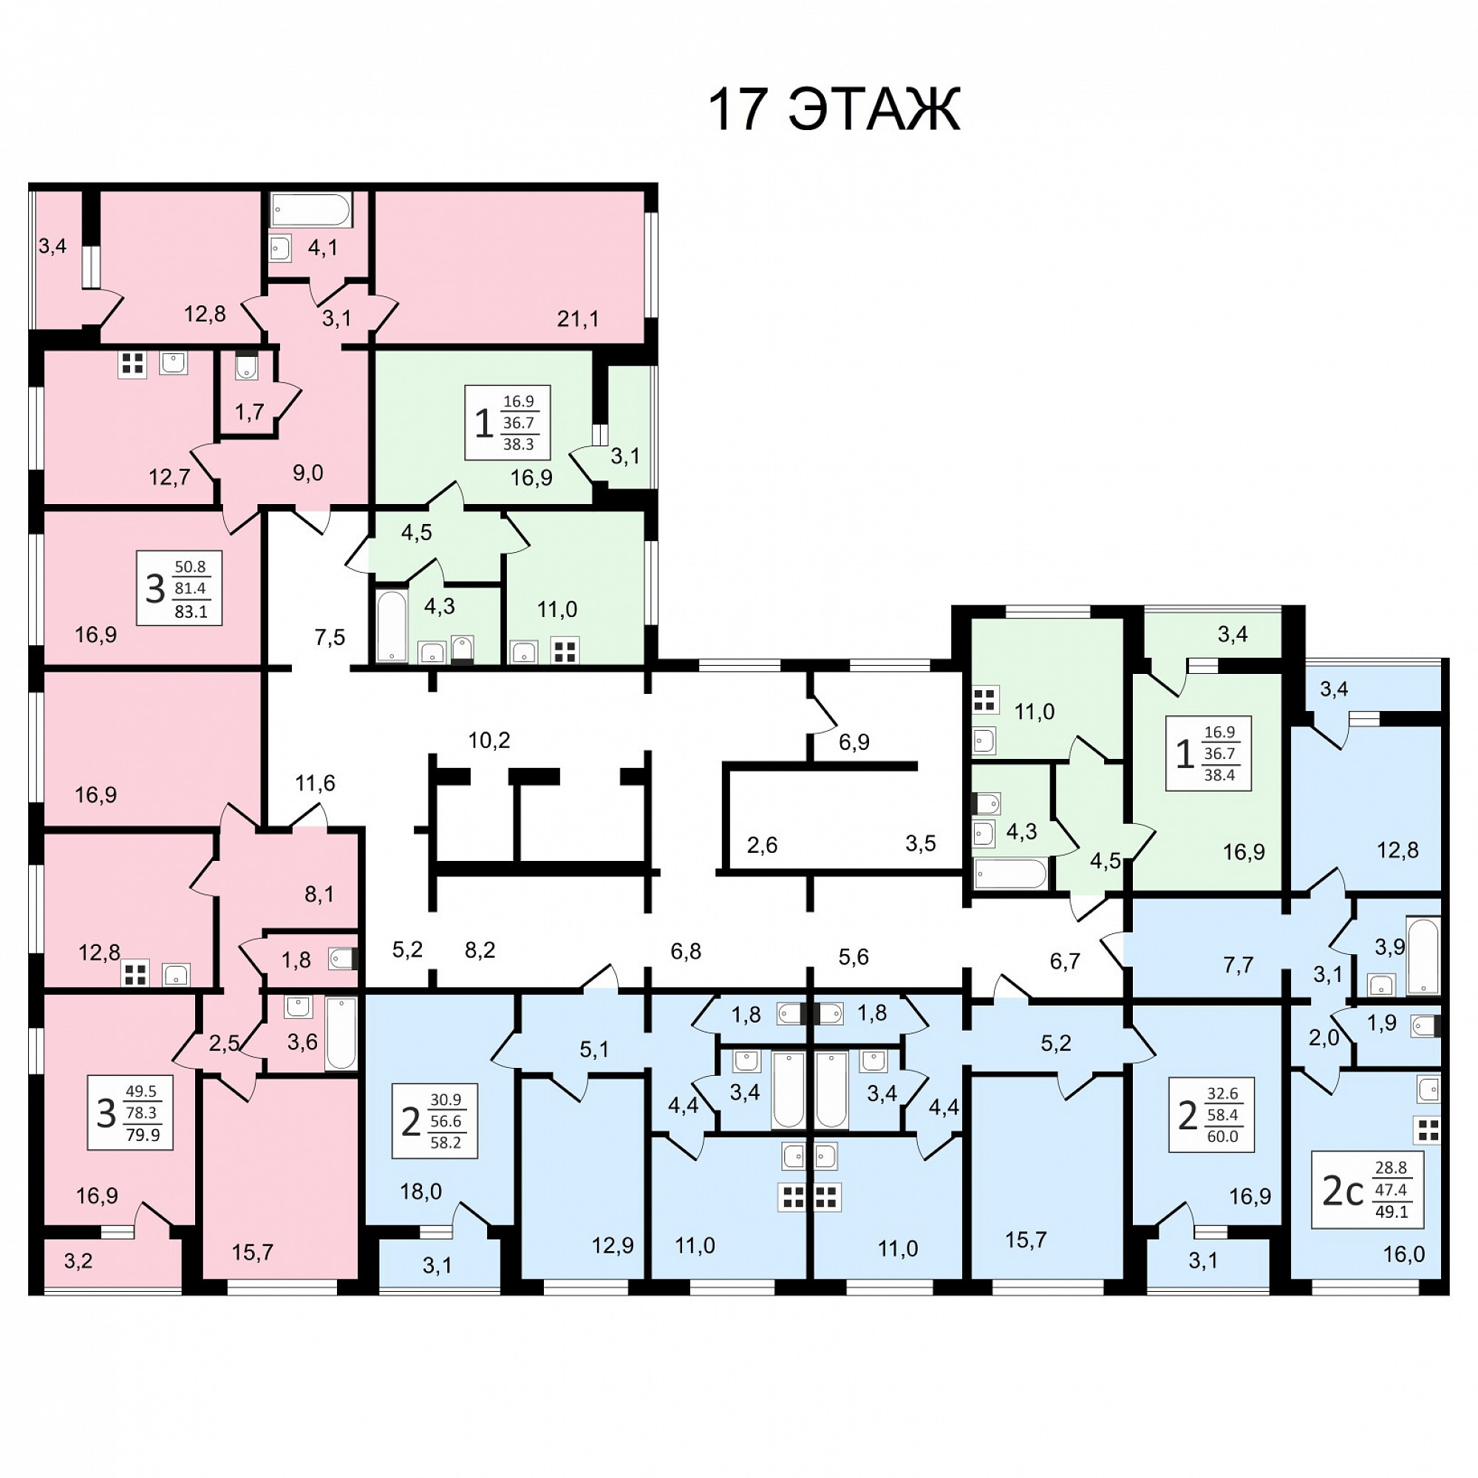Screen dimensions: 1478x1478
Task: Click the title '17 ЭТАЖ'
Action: pyautogui.click(x=833, y=109)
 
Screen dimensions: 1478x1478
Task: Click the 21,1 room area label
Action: pyautogui.click(x=578, y=319)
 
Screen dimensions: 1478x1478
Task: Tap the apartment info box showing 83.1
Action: pyautogui.click(x=180, y=588)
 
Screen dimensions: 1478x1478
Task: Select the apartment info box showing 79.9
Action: pyautogui.click(x=130, y=1112)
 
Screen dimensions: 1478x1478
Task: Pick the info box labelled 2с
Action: pyautogui.click(x=1368, y=1190)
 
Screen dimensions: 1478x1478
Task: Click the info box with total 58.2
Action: pyautogui.click(x=435, y=1121)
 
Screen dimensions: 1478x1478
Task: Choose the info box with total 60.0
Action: pyautogui.click(x=1212, y=1114)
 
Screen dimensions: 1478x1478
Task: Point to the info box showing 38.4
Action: pyautogui.click(x=1209, y=754)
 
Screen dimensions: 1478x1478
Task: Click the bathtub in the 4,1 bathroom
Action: pyautogui.click(x=311, y=210)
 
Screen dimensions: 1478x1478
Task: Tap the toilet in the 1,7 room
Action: pyautogui.click(x=246, y=367)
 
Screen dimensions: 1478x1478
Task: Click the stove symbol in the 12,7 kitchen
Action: pyautogui.click(x=132, y=364)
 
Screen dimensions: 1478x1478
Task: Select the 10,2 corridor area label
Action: pyautogui.click(x=488, y=740)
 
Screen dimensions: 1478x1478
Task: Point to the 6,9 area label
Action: pyautogui.click(x=854, y=742)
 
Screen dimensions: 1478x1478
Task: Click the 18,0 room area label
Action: pyautogui.click(x=420, y=1191)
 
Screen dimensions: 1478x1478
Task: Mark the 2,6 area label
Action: pyautogui.click(x=762, y=845)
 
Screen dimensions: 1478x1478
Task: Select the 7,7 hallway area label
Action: pyautogui.click(x=1238, y=965)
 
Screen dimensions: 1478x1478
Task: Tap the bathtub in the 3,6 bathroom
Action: pyautogui.click(x=341, y=1034)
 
